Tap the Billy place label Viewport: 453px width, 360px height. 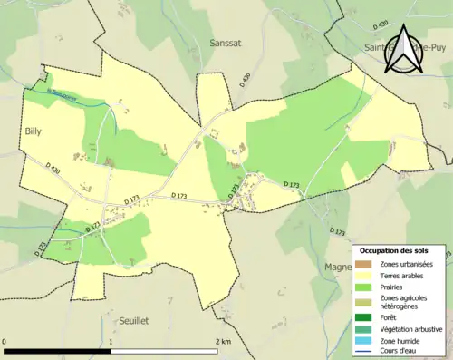[x=34, y=131]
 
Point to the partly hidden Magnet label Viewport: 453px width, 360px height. [x=338, y=267]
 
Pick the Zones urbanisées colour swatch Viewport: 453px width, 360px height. [x=363, y=264]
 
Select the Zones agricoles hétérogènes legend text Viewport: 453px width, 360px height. [x=404, y=301]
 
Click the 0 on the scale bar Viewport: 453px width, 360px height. [x=5, y=341]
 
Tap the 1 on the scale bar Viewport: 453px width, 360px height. [x=111, y=341]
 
